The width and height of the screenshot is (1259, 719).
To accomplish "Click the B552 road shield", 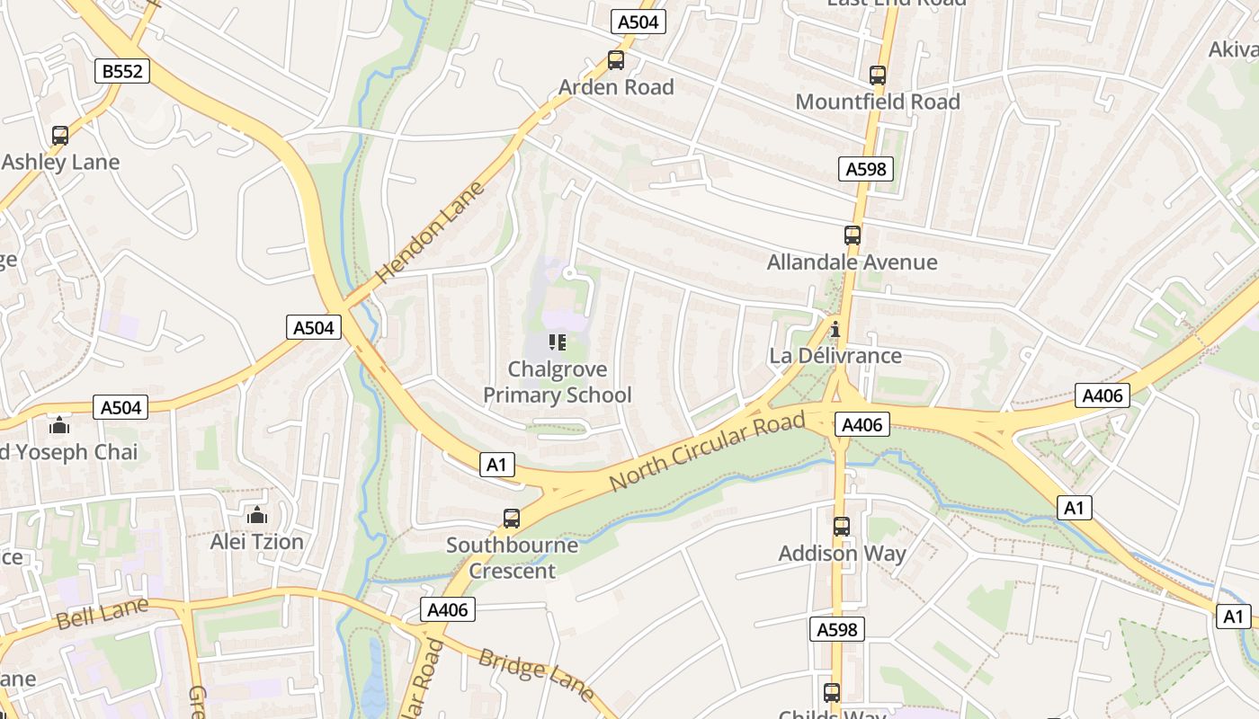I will tap(122, 71).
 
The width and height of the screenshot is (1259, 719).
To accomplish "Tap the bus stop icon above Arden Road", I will tap(616, 60).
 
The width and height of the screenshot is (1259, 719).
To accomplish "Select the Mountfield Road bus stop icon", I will tap(878, 75).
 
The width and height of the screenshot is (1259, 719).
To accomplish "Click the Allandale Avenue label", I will tap(852, 262).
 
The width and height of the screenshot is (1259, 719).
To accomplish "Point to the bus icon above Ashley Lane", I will tap(60, 136).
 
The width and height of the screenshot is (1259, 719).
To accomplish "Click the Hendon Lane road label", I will tap(430, 232).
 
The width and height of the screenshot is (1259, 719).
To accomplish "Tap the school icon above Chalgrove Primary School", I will tap(557, 342).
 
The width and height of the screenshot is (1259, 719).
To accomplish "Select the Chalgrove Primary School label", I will tap(558, 382).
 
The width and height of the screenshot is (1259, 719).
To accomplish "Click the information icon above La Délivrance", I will tap(835, 329).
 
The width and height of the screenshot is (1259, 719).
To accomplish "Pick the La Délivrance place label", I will tap(835, 356).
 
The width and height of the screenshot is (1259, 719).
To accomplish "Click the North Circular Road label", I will tap(707, 451).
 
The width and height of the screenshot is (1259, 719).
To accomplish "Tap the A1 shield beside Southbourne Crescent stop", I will tap(496, 465).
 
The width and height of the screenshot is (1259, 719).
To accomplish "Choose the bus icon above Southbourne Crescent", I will tap(512, 518).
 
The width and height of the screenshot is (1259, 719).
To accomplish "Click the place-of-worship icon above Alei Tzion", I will tap(257, 515).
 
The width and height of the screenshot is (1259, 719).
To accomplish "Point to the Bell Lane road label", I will tap(102, 616).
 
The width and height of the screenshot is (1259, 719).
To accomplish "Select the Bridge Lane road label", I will tap(536, 674).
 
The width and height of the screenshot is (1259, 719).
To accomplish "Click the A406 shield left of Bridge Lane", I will tap(448, 610).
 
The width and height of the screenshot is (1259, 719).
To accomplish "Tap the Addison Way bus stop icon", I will tap(841, 527).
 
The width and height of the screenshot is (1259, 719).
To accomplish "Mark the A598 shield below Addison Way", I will tap(837, 630).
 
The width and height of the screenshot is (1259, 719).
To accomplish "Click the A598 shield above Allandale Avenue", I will tap(866, 168).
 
